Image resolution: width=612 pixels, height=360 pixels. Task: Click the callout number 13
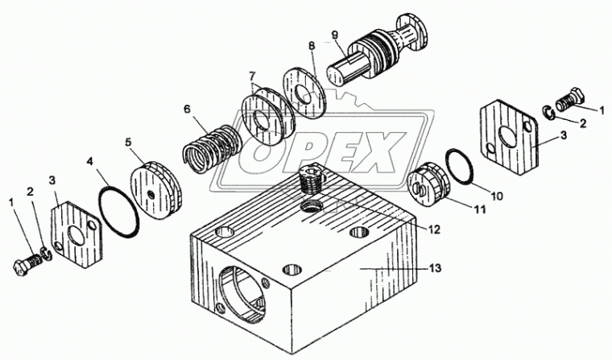click(435, 268)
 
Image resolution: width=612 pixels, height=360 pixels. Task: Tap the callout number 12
click(433, 230)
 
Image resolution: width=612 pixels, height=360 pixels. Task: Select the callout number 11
click(480, 209)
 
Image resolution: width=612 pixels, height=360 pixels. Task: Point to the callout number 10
click(497, 195)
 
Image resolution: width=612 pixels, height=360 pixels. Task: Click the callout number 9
click(334, 34)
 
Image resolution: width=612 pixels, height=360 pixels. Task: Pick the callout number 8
click(311, 45)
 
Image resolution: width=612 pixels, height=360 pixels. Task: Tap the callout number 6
click(187, 110)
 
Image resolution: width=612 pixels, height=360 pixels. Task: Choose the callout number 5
click(128, 142)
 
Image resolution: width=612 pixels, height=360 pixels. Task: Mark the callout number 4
click(89, 161)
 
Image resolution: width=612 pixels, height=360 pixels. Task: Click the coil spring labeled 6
click(211, 148)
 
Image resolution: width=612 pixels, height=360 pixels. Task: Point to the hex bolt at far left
click(27, 265)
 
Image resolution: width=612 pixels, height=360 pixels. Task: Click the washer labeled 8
click(305, 93)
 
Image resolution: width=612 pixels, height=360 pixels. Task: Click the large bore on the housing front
click(243, 292)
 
